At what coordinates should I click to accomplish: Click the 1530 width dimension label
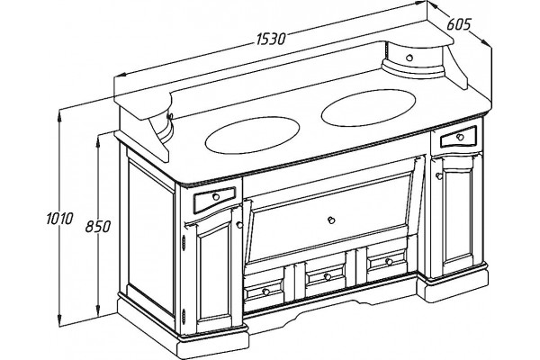271,39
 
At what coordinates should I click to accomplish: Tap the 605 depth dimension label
459,24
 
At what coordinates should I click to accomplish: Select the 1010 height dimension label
59,219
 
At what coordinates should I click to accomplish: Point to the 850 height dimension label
98,226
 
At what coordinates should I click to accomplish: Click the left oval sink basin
252,135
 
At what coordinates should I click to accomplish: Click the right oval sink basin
368,108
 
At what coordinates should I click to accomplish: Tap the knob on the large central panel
331,220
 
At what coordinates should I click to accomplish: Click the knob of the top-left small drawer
216,197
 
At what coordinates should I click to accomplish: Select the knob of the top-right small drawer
460,137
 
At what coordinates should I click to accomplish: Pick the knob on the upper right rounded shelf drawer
409,58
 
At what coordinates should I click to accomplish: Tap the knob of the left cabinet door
239,225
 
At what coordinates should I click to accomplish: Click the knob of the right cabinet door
439,176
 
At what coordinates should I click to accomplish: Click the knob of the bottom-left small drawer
265,292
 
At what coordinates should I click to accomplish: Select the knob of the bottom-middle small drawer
328,276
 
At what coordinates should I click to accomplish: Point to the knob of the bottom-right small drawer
389,262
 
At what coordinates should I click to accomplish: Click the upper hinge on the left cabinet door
184,241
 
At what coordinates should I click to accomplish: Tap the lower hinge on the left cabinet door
184,316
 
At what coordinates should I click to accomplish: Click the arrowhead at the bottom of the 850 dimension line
98,310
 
